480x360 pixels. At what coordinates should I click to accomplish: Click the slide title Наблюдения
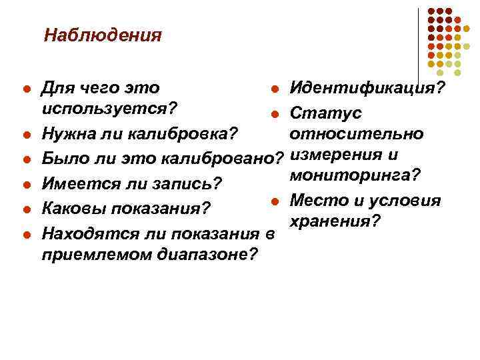(103, 35)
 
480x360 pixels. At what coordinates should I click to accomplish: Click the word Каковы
(71, 207)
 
